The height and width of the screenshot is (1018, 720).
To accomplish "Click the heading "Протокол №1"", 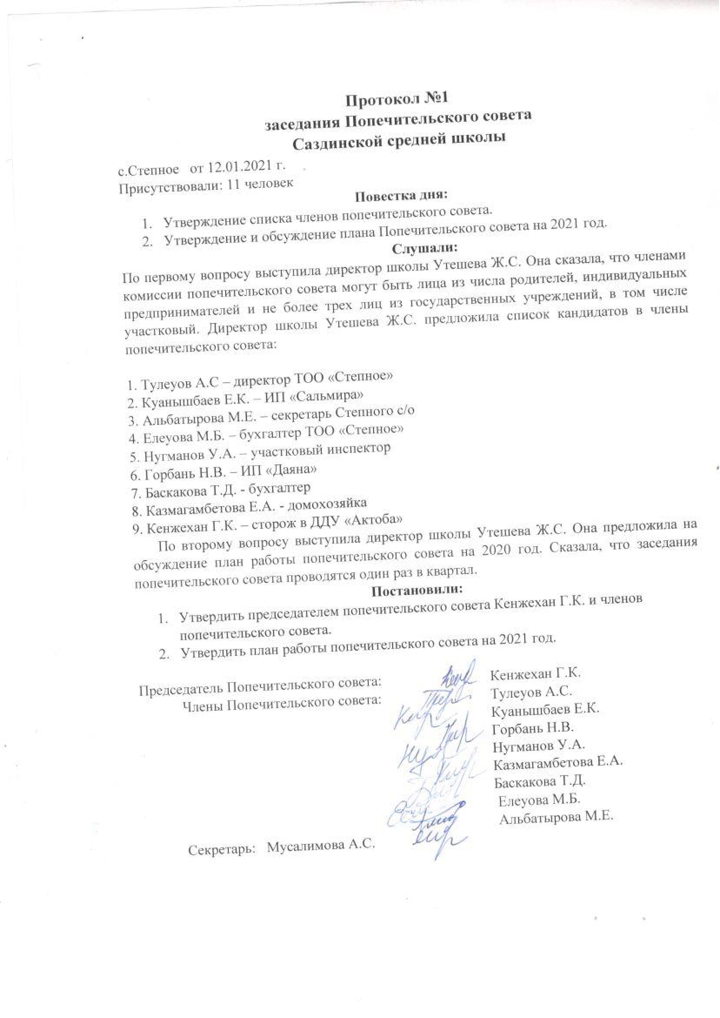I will tap(395, 98).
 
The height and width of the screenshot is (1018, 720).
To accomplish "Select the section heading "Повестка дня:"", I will tap(402, 195).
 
